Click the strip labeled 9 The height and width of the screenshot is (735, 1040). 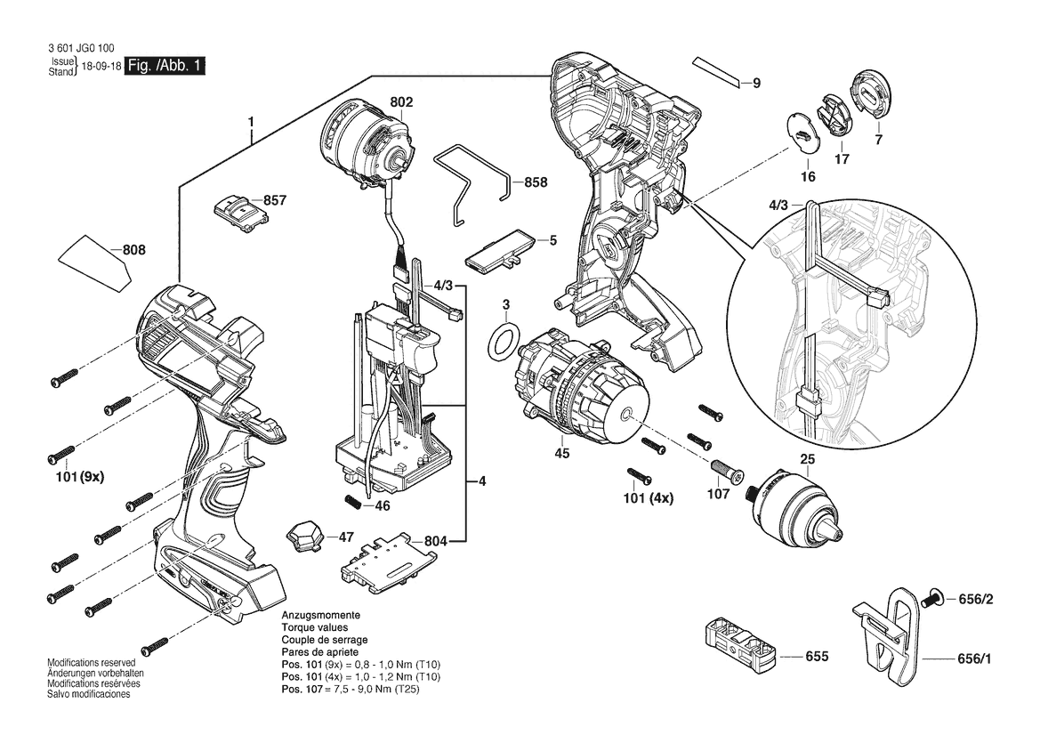pyautogui.click(x=717, y=72)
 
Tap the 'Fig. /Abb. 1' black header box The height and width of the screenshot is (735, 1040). pyautogui.click(x=166, y=67)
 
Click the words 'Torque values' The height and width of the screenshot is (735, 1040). pyautogui.click(x=313, y=627)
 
